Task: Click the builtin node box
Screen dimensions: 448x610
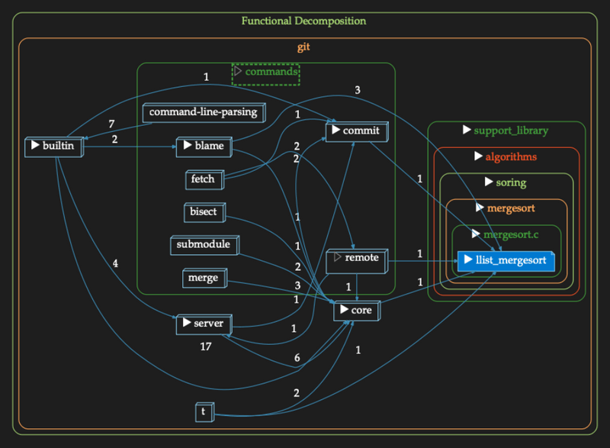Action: (x=53, y=146)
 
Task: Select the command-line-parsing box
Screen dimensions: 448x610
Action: (x=203, y=113)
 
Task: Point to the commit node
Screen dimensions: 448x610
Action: (x=356, y=132)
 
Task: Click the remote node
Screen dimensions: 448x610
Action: (x=356, y=259)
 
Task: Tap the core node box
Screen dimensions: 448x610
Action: (x=356, y=311)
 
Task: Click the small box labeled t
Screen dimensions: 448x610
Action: (x=204, y=411)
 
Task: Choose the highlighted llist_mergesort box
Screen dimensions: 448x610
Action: (x=504, y=260)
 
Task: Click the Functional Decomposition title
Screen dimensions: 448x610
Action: (x=303, y=21)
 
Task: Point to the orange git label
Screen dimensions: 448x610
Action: (x=303, y=47)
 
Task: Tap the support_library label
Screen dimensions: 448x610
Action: (x=506, y=131)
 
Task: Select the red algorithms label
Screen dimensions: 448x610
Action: (x=506, y=157)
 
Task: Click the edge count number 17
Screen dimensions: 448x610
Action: (x=204, y=346)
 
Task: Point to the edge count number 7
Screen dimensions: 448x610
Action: (x=111, y=124)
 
